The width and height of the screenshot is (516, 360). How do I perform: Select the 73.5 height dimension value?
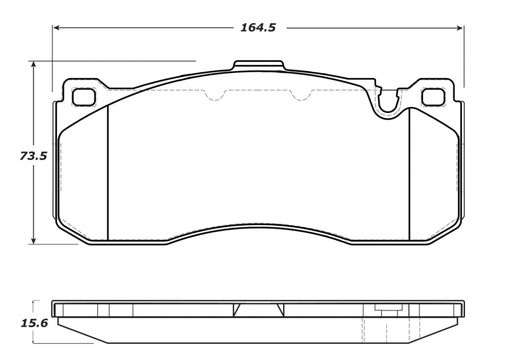click(33, 156)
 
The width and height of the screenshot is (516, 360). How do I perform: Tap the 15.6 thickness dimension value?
click(34, 323)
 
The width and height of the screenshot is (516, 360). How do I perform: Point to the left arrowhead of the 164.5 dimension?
click(56, 28)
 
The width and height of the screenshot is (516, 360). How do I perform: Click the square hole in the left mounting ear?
click(83, 97)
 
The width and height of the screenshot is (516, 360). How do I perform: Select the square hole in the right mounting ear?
click(432, 97)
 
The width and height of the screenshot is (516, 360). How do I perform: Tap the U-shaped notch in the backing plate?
click(388, 103)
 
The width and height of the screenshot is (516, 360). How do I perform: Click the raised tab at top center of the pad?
click(259, 66)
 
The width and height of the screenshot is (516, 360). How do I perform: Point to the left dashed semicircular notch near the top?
click(215, 96)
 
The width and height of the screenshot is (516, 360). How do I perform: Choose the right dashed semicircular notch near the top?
click(301, 96)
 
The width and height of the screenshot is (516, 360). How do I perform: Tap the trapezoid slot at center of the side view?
click(257, 310)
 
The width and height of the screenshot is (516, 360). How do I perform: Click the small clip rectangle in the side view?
click(388, 308)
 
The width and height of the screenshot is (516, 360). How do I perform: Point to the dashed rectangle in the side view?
click(375, 330)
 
